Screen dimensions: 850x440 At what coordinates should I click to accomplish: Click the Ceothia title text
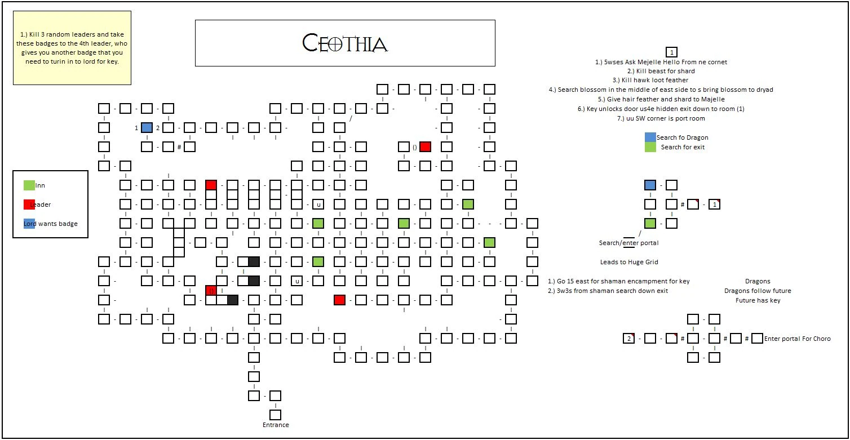[x=345, y=43]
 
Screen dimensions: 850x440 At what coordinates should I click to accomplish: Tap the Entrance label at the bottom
[x=276, y=425]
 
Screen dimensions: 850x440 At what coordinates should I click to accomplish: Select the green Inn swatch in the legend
[x=29, y=185]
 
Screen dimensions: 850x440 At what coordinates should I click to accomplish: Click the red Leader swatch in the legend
[x=29, y=205]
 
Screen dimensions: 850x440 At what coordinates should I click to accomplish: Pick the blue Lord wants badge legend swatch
[x=29, y=224]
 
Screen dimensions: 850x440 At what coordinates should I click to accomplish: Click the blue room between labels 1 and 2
[x=147, y=127]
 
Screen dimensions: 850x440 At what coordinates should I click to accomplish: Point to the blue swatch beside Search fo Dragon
[x=650, y=137]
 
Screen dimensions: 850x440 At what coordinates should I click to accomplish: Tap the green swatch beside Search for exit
[x=650, y=147]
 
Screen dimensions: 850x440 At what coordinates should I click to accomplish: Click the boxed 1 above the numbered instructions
[x=671, y=51]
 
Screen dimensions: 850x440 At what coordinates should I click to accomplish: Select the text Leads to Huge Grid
[x=629, y=262]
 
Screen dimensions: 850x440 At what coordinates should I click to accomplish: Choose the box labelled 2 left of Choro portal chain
[x=628, y=339]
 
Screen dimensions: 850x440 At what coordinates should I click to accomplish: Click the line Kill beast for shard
[x=665, y=71]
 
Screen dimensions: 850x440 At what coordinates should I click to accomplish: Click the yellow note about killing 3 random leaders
[x=72, y=48]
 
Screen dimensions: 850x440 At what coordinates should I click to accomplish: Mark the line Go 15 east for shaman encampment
[x=618, y=281]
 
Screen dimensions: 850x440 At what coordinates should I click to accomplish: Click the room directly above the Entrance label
[x=275, y=414]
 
